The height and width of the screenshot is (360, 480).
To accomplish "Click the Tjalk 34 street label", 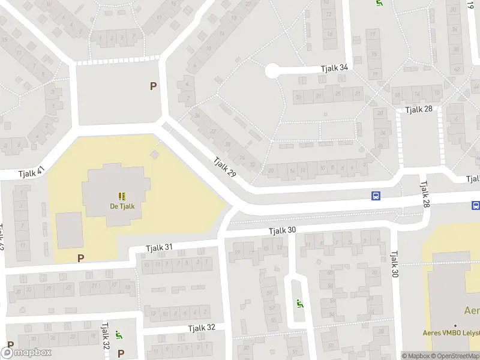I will pos(334,68).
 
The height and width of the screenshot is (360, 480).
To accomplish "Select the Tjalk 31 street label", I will pos(160,247).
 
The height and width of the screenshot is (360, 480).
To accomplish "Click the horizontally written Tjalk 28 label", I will pos(419,109).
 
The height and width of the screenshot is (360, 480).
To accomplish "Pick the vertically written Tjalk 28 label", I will pos(425,195).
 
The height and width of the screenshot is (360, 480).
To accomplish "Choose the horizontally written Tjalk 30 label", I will pos(282,230).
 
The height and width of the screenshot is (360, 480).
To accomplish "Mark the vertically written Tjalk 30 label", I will pos(395,264).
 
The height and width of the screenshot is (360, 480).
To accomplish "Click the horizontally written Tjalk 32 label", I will pos(201,328).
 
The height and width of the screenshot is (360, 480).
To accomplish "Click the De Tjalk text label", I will pos(121,206).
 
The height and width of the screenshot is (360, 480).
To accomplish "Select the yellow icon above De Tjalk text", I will pos(122,196).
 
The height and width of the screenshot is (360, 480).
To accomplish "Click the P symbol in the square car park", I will pos(153,86).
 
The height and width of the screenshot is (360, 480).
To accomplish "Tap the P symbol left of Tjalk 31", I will pos(80,258).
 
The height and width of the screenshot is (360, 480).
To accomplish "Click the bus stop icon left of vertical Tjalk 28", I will pos(376,196).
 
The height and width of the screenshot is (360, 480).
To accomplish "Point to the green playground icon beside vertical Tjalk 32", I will pos(119,335).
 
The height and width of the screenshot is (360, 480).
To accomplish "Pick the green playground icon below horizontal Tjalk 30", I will pos(300,304).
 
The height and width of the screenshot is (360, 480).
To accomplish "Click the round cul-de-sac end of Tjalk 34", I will pos(271,71).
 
